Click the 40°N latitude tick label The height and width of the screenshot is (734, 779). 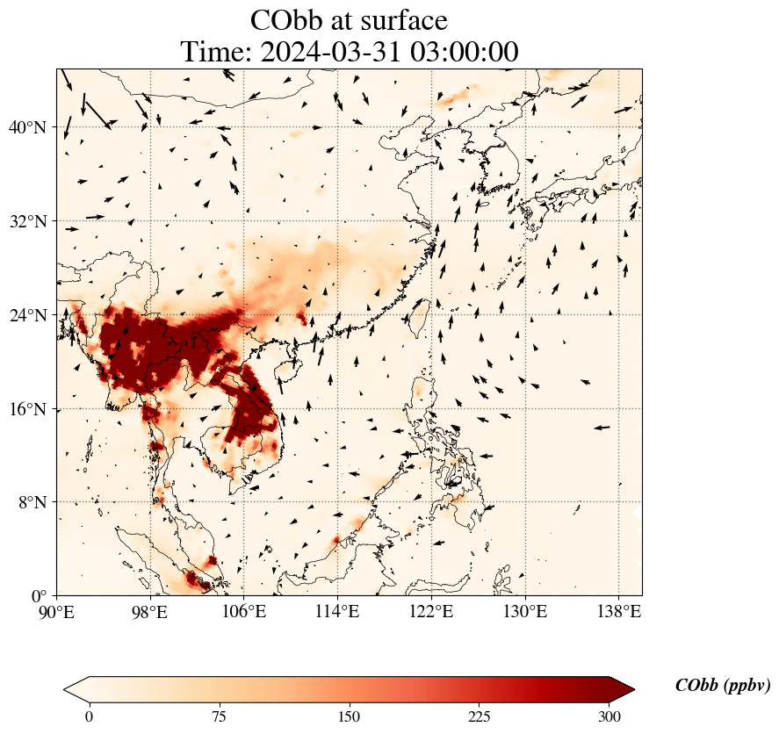(x=26, y=127)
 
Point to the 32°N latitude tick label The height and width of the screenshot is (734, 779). (x=26, y=221)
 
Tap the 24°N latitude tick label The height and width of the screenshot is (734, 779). (x=26, y=315)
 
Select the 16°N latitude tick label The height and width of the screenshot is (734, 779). (x=26, y=409)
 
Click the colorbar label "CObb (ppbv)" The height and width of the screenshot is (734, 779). (x=722, y=686)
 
